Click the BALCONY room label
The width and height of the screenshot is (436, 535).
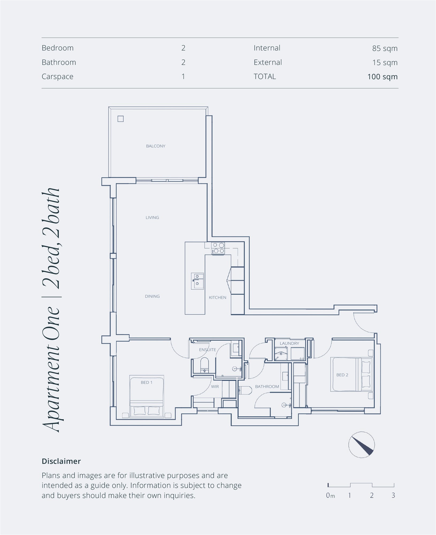coord(156,146)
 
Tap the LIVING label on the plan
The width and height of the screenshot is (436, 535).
coord(152,217)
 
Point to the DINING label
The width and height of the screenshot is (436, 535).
coord(152,296)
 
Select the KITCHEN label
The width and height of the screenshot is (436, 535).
coord(217,297)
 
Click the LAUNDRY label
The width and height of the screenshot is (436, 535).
coord(289,343)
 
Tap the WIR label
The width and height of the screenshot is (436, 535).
coord(215,387)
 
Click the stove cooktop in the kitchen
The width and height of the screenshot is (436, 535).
coord(218,248)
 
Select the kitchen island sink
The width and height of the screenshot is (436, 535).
coord(197,281)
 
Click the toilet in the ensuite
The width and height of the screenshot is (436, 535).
coord(204,365)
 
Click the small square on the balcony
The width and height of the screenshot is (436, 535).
coord(121,119)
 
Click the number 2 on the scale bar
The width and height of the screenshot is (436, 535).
coord(372,495)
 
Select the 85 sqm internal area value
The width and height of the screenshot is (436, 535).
coord(385,48)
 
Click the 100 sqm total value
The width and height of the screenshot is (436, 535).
coord(383,77)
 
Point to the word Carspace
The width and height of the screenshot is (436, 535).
coord(58,77)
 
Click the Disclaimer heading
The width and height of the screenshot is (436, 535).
coord(61,461)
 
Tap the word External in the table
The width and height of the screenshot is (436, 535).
coord(268,62)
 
